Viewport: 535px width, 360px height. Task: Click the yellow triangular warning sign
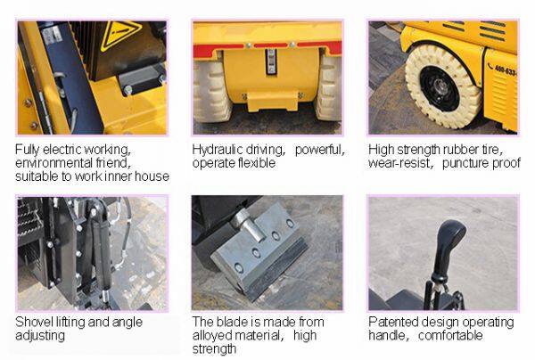(120, 35)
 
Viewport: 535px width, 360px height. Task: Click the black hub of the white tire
(440, 89)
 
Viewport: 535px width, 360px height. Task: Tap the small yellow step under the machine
(272, 101)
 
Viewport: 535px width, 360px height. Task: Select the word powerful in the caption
(320, 150)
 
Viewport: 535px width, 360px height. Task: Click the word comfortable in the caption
(450, 335)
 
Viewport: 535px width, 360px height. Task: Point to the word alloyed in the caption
(212, 335)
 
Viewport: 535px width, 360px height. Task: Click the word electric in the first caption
(62, 150)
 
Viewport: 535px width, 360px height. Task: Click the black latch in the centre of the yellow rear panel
(271, 61)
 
